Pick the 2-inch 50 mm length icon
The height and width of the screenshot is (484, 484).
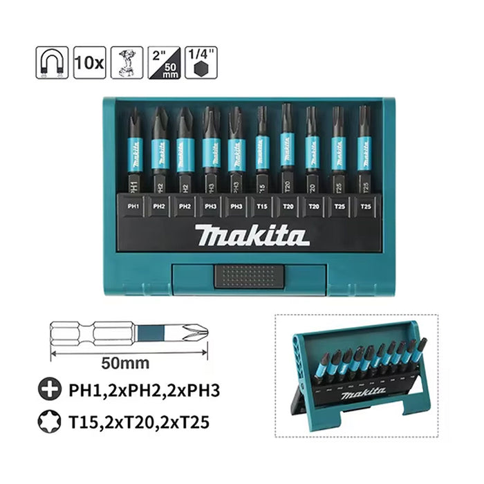[x=165, y=63]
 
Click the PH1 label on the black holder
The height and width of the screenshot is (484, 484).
[x=134, y=205]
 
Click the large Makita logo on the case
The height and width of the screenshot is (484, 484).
[x=251, y=236]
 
